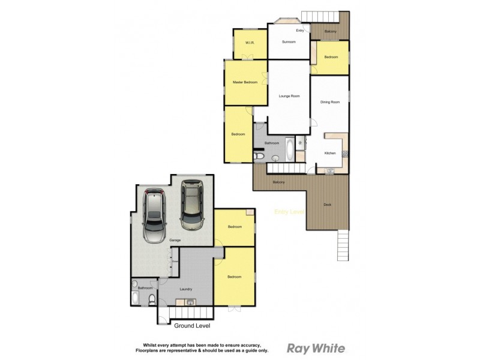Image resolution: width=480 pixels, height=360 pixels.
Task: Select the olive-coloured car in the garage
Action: click(192, 206)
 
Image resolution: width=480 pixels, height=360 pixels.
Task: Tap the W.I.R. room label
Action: click(250, 43)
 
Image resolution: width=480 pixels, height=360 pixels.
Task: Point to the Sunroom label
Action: click(289, 42)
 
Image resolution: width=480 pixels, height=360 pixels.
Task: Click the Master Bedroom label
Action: click(245, 82)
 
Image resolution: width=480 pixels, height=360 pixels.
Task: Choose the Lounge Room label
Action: click(289, 96)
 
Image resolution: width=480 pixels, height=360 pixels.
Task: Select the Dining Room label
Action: click(330, 103)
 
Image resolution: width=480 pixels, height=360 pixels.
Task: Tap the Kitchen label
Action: click(330, 154)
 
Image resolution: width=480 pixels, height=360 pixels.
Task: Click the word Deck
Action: click(327, 205)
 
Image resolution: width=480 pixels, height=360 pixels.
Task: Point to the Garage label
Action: click(175, 240)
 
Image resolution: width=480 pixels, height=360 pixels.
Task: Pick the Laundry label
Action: click(186, 289)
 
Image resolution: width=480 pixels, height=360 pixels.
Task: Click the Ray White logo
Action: click(316, 348)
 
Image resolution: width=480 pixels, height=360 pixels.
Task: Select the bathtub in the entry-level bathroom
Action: click(290, 149)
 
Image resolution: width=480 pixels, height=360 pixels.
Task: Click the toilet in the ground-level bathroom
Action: click(152, 300)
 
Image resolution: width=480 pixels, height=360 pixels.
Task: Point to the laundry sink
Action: click(189, 301)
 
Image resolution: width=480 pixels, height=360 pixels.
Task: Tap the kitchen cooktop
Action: click(345, 154)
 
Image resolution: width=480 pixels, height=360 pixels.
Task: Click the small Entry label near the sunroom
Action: click(300, 30)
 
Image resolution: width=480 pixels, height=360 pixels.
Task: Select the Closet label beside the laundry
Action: click(175, 262)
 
